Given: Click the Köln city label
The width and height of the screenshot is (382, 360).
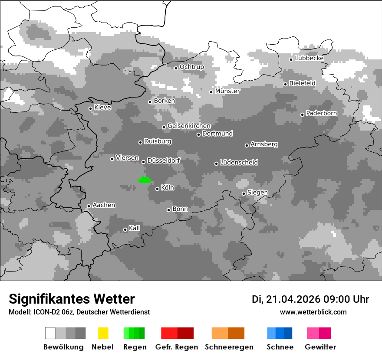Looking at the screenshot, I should pos(168,188).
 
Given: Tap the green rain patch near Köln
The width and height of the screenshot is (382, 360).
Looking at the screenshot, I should pos(144,180).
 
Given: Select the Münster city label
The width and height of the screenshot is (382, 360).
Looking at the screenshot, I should pos(227,91).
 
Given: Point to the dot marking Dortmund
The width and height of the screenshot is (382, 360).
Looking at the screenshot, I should pos(198,134).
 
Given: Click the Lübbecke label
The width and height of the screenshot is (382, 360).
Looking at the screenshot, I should pos(310,58).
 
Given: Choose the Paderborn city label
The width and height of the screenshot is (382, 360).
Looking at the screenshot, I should pos(322,113).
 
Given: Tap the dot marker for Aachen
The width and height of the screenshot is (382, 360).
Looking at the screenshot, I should pos(89,206).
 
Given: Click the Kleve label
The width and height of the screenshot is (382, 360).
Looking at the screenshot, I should pos(103,108).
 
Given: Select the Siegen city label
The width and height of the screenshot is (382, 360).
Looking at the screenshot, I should pos(258,193).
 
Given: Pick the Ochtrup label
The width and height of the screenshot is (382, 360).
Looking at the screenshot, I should pos(192,67).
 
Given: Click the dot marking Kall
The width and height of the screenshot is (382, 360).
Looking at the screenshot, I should pos(125,229).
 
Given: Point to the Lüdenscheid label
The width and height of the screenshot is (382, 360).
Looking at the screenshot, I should pos(239,163).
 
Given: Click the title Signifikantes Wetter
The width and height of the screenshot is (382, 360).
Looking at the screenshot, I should pos(72,299).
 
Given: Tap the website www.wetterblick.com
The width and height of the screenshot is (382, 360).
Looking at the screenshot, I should pos(313,312).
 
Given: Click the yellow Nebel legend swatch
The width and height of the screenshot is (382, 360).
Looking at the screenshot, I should pos(103,333).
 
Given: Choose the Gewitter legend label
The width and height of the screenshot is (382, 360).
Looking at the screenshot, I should pos(320,347).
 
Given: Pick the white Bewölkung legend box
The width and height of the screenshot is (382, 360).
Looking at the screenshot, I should pos(50,333).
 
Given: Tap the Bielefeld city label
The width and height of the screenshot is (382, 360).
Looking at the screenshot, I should pos(303,83).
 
